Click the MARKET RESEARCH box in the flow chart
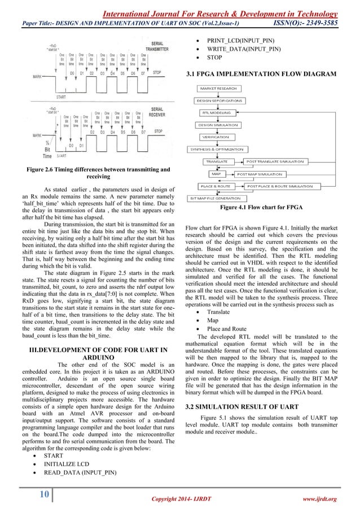(x=218, y=89)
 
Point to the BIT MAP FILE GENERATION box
(x=217, y=198)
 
